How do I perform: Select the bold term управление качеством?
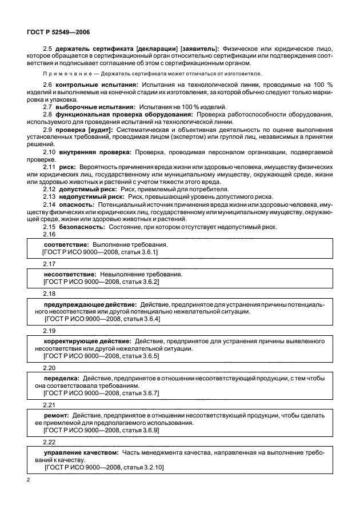click(x=81, y=452)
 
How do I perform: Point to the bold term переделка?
click(x=61, y=378)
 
